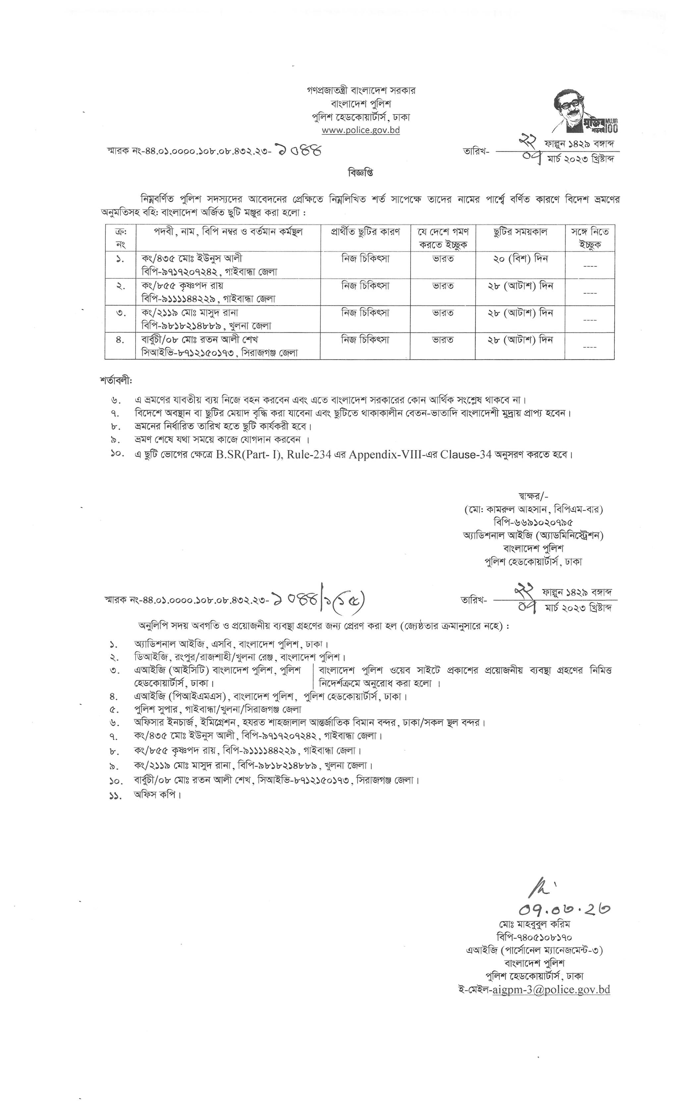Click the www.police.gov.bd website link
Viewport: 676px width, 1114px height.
pos(360,130)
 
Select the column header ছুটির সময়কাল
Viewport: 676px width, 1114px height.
pos(520,232)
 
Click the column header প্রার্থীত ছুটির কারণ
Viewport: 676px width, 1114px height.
pos(365,232)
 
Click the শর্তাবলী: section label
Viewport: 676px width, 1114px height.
pos(117,380)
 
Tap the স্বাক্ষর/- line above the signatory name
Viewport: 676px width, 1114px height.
pos(533,496)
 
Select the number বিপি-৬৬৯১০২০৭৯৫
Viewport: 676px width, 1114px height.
pos(533,522)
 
